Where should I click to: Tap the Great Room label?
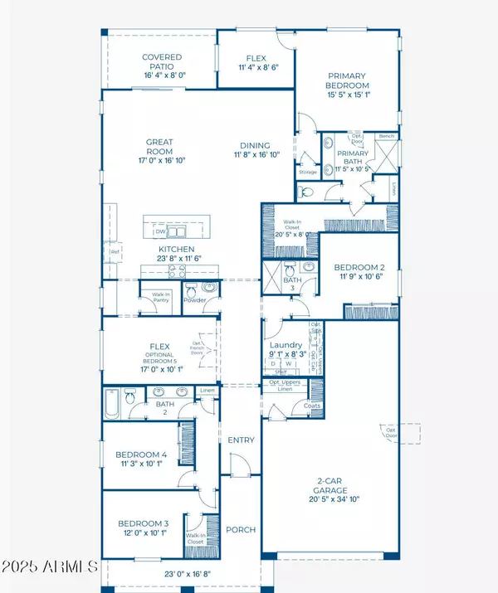coord(159,147)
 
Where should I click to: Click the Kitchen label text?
coord(177,249)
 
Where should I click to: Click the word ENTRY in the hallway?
coord(241,440)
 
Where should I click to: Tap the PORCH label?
coord(241,529)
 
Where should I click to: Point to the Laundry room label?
coord(285,345)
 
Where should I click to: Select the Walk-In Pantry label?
coord(159,297)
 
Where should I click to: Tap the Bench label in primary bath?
coord(385,135)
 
